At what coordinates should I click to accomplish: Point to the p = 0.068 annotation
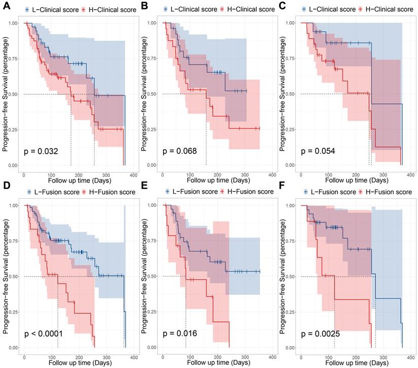click(179, 151)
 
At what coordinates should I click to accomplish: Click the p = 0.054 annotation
click(317, 151)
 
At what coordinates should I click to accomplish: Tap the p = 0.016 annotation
click(179, 334)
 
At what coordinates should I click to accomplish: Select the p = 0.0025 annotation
click(320, 334)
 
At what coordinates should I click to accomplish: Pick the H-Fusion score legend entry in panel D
click(108, 192)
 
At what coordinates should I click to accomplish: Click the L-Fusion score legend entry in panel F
click(328, 192)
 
